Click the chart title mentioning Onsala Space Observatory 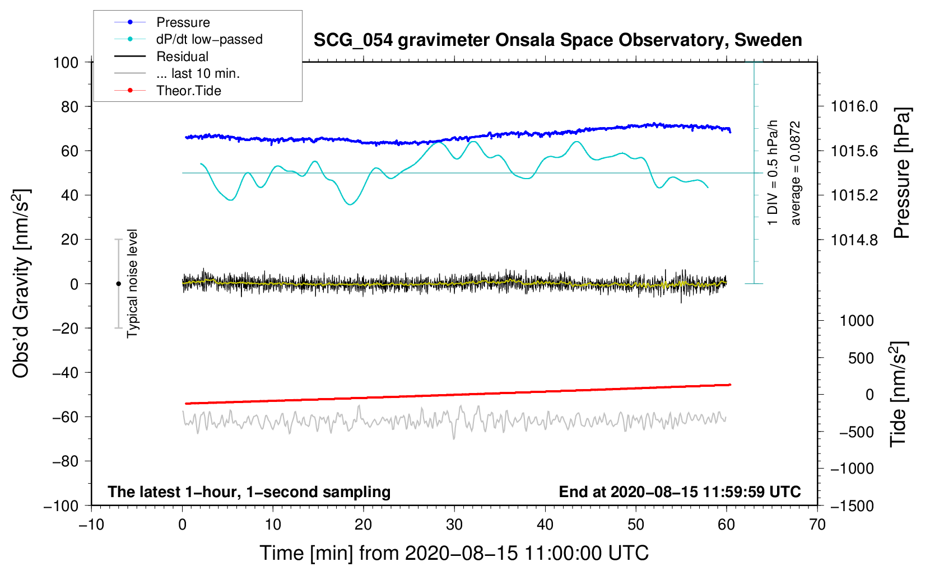click(x=557, y=40)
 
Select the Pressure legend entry click(x=183, y=22)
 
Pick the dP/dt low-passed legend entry click(x=209, y=39)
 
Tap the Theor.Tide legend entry click(x=188, y=91)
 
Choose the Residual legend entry click(x=182, y=57)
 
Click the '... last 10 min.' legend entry click(x=198, y=73)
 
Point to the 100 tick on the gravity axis click(x=66, y=62)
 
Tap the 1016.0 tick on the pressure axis click(x=854, y=106)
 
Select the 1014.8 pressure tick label click(x=854, y=240)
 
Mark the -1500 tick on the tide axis click(x=852, y=506)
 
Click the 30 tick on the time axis click(x=454, y=525)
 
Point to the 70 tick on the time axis click(x=817, y=525)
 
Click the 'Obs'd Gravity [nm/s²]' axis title click(x=21, y=283)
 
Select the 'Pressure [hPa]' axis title click(x=901, y=173)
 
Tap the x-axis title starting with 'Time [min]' click(x=454, y=553)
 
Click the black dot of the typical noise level click(x=118, y=284)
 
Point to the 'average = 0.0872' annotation click(x=796, y=173)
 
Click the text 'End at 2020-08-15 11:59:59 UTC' click(x=680, y=492)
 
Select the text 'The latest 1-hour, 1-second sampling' click(x=249, y=492)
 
